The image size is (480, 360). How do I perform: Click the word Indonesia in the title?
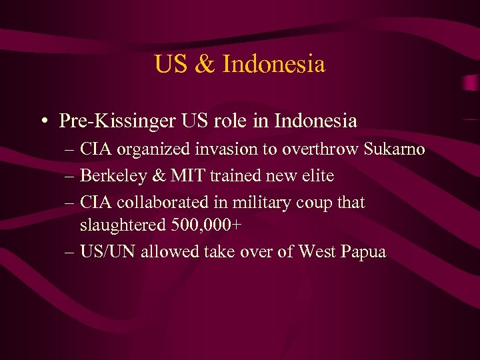click(273, 65)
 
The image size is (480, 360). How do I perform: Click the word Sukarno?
click(395, 149)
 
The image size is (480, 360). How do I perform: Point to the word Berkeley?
click(109, 176)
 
